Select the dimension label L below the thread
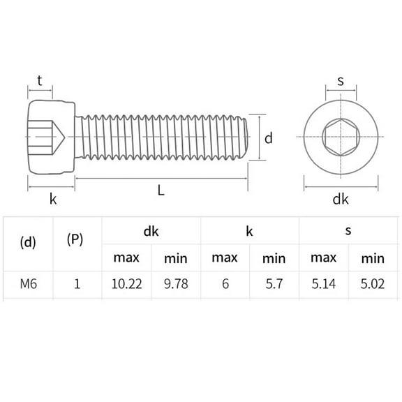[x=161, y=190]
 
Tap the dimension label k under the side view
[x=52, y=199]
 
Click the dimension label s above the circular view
[x=341, y=80]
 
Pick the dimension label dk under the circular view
[x=340, y=200]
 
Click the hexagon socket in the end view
[x=340, y=137]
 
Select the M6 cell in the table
[x=28, y=283]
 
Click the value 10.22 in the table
[x=126, y=283]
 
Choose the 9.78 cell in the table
[x=176, y=283]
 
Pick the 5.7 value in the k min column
[x=274, y=283]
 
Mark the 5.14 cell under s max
[x=323, y=283]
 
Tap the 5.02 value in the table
[x=373, y=283]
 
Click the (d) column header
[x=28, y=242]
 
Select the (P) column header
[x=75, y=239]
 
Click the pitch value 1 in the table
[x=77, y=283]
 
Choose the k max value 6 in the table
[x=225, y=283]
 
